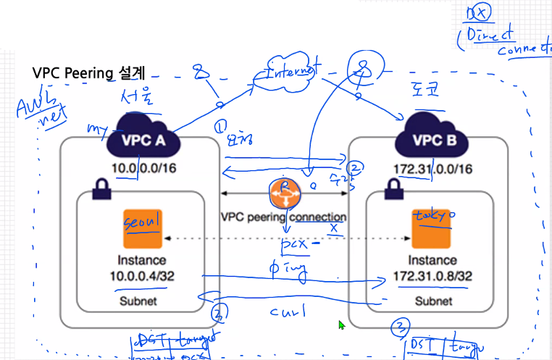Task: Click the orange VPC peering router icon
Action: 283,193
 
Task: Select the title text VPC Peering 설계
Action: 89,74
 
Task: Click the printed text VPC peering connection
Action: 283,217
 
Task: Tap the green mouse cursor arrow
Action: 341,325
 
